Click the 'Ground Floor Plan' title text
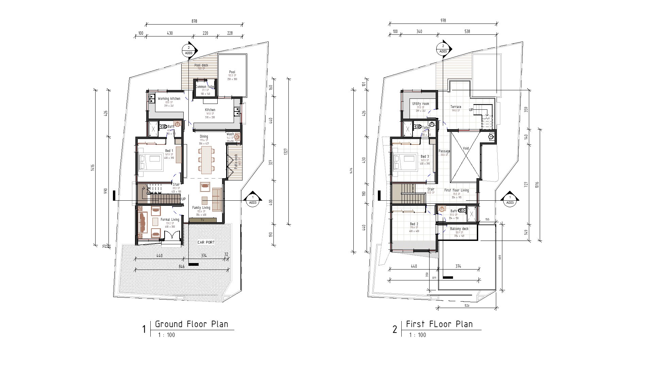(x=191, y=324)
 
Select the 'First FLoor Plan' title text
(x=439, y=324)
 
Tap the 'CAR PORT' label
(x=206, y=243)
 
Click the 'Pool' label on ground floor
(x=232, y=72)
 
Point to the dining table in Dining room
(x=206, y=160)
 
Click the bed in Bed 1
(x=151, y=162)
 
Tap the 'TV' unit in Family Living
(x=203, y=220)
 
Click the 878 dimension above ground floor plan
(x=194, y=21)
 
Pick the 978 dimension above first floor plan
(x=443, y=20)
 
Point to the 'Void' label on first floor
(x=466, y=149)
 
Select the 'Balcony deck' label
(x=459, y=229)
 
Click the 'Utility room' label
(x=420, y=104)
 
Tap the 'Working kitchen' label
(x=169, y=99)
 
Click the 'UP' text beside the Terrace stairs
(x=471, y=110)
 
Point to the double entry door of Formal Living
(x=171, y=236)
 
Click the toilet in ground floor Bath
(x=163, y=127)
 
